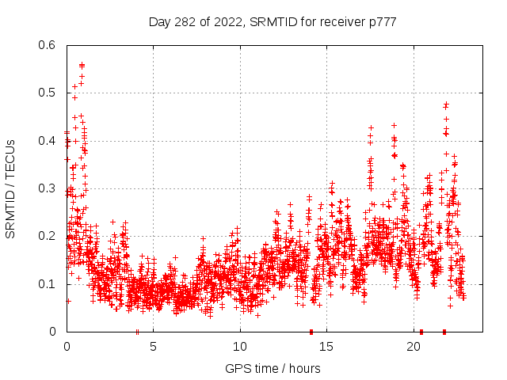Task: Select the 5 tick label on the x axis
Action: pyautogui.click(x=154, y=346)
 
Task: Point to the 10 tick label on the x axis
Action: pyautogui.click(x=240, y=346)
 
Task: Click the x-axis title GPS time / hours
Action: pyautogui.click(x=273, y=368)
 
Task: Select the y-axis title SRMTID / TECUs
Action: pyautogui.click(x=11, y=188)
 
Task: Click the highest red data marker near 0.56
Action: pyautogui.click(x=82, y=65)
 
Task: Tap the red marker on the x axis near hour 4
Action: pyautogui.click(x=137, y=332)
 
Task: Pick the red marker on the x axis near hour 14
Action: pyautogui.click(x=311, y=332)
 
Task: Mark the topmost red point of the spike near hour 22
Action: pyautogui.click(x=446, y=104)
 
